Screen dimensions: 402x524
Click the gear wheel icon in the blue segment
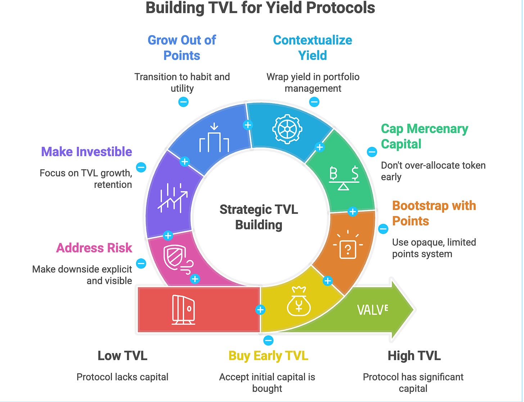(287, 129)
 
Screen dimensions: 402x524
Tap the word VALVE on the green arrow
(372, 310)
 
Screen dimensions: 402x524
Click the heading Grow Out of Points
(182, 48)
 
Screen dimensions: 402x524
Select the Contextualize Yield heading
(312, 48)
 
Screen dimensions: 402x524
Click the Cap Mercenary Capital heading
(424, 136)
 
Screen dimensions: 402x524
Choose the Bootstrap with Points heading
(434, 213)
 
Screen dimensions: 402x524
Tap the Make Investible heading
(86, 152)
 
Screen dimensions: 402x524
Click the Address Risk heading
(94, 248)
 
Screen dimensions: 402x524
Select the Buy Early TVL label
(268, 356)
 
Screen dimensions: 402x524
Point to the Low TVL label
(122, 356)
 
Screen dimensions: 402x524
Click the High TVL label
(414, 356)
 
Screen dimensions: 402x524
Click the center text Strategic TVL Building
(259, 217)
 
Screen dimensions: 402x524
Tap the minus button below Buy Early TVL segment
(268, 340)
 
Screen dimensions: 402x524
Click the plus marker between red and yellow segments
(260, 310)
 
